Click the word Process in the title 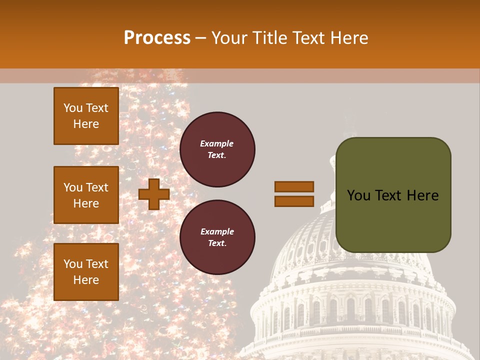(x=157, y=38)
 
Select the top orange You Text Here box (x=86, y=116)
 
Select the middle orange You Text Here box (x=86, y=195)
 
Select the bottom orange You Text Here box (x=86, y=271)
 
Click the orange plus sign (x=154, y=194)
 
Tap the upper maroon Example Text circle (x=217, y=149)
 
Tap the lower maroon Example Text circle (x=217, y=237)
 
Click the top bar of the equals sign (x=294, y=186)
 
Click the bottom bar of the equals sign (x=294, y=201)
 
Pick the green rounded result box (x=393, y=220)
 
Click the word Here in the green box (x=422, y=195)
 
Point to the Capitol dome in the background (x=350, y=280)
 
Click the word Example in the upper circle (x=217, y=144)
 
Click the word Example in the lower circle (x=217, y=232)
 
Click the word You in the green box (x=358, y=195)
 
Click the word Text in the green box (x=389, y=195)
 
